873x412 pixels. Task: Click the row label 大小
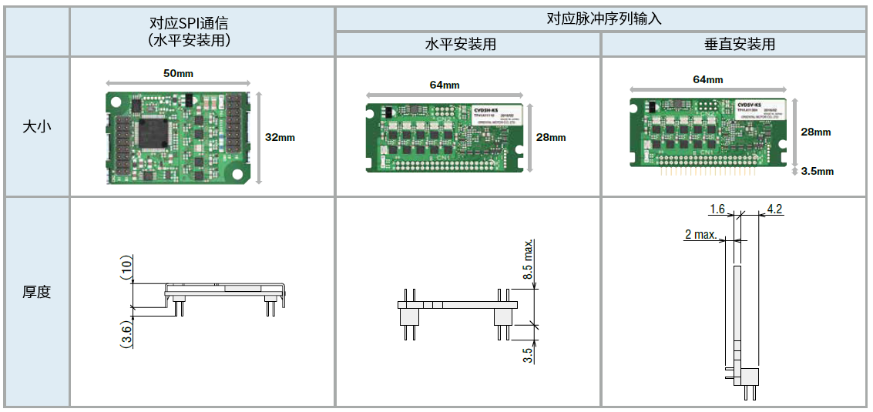point(37,126)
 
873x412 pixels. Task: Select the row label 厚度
point(37,293)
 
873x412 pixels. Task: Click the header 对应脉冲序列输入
point(603,18)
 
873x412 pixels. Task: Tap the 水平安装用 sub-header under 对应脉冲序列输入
point(468,45)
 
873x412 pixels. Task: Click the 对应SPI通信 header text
point(189,23)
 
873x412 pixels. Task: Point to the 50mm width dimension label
point(178,73)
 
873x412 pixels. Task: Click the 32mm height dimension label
point(280,138)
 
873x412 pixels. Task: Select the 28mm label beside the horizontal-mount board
point(551,138)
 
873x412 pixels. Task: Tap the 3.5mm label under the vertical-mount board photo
point(818,171)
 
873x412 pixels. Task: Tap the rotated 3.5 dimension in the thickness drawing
point(528,354)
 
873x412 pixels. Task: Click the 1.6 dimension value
point(717,209)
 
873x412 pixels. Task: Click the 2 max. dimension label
point(700,234)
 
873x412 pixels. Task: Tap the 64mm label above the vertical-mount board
point(708,80)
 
